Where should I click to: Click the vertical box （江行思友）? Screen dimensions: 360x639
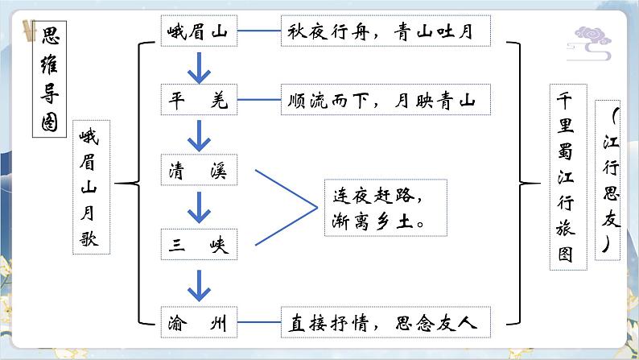[612, 179]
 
